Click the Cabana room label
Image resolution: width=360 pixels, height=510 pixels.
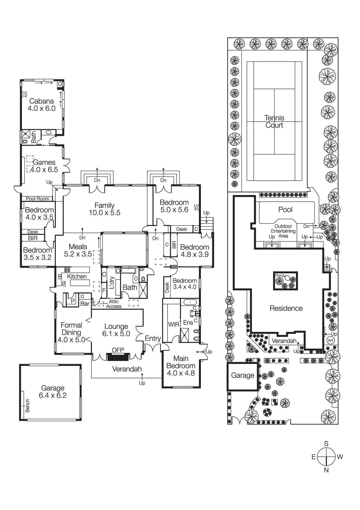pos(41,101)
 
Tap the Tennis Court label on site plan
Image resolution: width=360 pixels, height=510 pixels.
pos(274,121)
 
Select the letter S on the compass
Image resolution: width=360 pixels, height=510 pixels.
pos(326,444)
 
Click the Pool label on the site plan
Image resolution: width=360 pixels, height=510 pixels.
pos(285,209)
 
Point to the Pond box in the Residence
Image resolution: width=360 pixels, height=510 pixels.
pos(285,281)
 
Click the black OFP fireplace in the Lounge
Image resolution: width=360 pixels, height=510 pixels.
pos(118,357)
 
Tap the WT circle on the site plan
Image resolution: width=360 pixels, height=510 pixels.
pos(331,340)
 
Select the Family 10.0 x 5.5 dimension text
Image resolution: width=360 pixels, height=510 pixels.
pos(104,213)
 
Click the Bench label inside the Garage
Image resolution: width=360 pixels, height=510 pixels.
pos(27,405)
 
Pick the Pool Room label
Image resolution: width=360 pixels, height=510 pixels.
pos(38,199)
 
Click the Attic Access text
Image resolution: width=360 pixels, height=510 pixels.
pos(114,304)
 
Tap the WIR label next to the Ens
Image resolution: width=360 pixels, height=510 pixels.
pos(174,324)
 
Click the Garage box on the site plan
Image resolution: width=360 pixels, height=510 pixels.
pos(242,375)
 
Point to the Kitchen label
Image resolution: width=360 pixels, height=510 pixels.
pos(77,276)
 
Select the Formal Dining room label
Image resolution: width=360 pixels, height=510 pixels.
pos(71,329)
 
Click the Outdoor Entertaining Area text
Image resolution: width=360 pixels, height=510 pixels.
pos(283,231)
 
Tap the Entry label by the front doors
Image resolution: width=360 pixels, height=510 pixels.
pos(153,338)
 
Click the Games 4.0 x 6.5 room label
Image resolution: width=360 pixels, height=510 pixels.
pos(44,166)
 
